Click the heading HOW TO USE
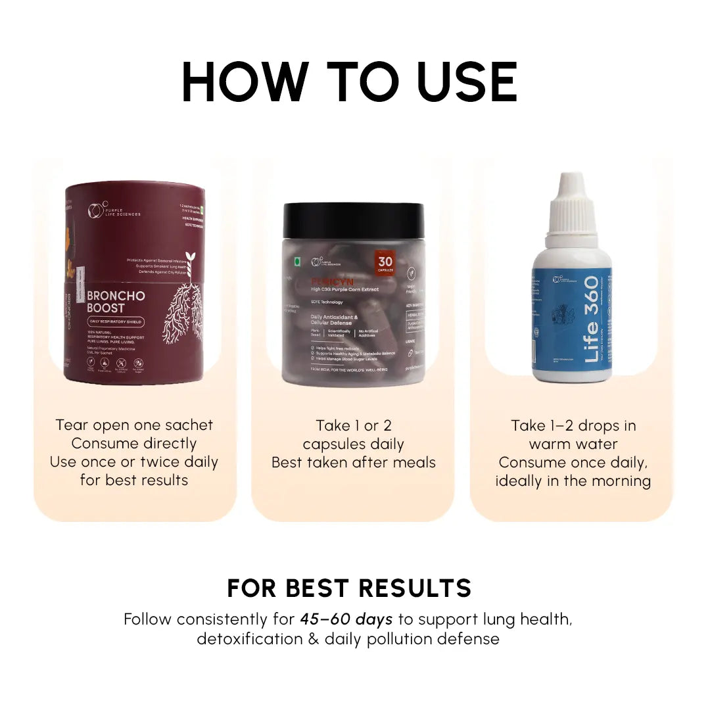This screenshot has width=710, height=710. pyautogui.click(x=350, y=82)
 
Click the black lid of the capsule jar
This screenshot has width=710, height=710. pyautogui.click(x=353, y=219)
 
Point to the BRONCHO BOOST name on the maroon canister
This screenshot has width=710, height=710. pyautogui.click(x=116, y=302)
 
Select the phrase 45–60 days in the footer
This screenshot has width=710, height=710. pyautogui.click(x=346, y=619)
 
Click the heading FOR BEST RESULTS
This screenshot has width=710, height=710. pyautogui.click(x=349, y=588)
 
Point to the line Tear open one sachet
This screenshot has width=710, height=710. pyautogui.click(x=134, y=425)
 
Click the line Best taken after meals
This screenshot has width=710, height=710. pyautogui.click(x=353, y=462)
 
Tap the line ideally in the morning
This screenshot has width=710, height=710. pyautogui.click(x=573, y=481)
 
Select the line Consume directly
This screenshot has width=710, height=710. pyautogui.click(x=134, y=443)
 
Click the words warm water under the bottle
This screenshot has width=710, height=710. pyautogui.click(x=573, y=444)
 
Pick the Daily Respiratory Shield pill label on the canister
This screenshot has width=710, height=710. pyautogui.click(x=116, y=322)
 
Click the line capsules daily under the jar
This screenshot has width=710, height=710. pyautogui.click(x=353, y=444)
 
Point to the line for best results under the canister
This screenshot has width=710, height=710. pyautogui.click(x=134, y=480)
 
